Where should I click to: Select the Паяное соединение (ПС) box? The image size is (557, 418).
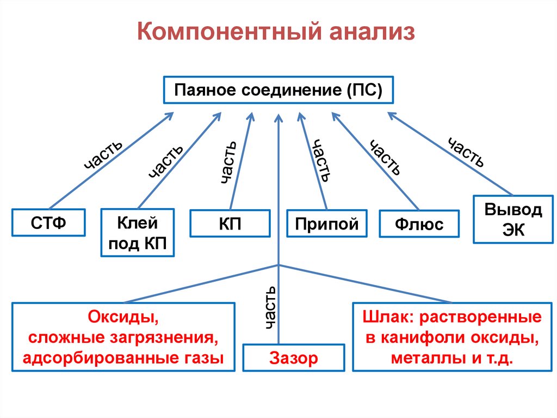tap(278, 89)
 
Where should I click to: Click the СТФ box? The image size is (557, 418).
tap(48, 222)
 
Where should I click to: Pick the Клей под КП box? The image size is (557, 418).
tap(138, 233)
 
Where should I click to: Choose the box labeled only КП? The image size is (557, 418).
tap(230, 223)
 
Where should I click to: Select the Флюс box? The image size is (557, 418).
tap(419, 224)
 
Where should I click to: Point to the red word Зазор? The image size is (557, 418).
tap(293, 359)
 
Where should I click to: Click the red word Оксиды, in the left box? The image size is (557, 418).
tap(123, 317)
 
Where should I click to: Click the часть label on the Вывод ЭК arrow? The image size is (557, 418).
tap(466, 152)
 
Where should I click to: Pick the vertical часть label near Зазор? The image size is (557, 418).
tap(270, 308)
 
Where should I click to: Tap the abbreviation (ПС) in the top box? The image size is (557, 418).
tap(363, 89)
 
